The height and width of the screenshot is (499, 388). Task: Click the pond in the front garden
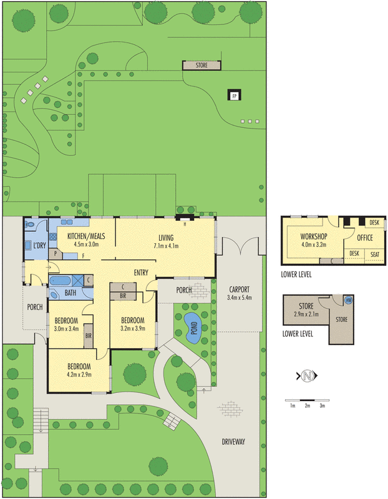[193, 328]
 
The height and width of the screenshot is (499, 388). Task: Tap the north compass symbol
[307, 376]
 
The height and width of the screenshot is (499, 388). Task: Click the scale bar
[307, 400]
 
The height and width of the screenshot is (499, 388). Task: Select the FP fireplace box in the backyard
[235, 95]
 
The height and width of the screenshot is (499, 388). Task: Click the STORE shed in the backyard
[201, 65]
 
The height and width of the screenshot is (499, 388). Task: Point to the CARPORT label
[240, 289]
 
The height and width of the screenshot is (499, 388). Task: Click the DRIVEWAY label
[233, 442]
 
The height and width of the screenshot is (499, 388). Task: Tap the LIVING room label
[166, 238]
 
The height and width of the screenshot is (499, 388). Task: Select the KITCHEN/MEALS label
[86, 236]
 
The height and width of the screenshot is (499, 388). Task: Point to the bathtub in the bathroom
[60, 281]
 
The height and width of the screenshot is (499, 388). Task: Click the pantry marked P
[56, 254]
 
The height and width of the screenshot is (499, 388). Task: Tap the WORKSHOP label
[314, 236]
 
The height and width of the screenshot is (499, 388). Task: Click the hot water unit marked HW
[349, 300]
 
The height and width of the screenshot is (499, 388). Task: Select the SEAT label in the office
[375, 254]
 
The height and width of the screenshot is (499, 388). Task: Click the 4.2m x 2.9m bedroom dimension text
[79, 375]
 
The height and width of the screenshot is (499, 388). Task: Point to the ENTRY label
[141, 273]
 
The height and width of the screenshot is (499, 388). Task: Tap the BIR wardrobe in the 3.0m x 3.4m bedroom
[88, 336]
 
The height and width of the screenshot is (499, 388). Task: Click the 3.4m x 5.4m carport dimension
[240, 298]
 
